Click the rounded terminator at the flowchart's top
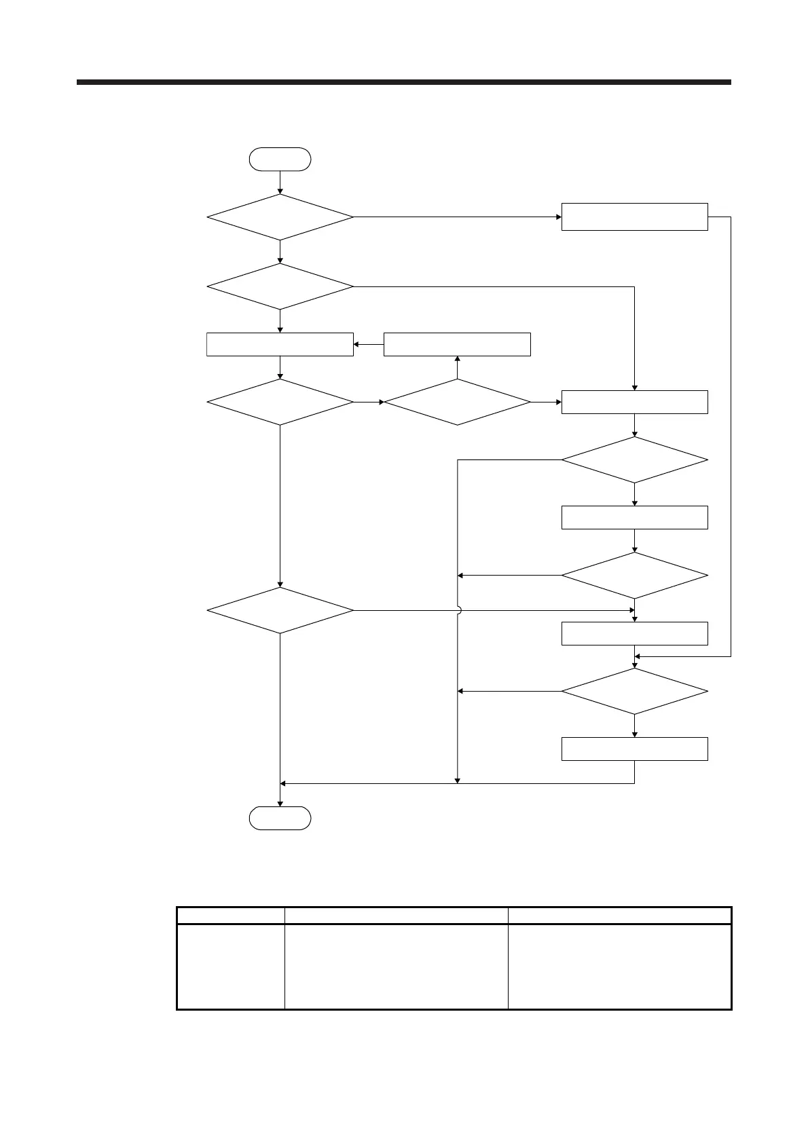(x=280, y=159)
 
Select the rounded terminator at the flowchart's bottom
(x=280, y=818)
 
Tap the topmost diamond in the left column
(x=280, y=217)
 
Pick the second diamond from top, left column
(x=280, y=286)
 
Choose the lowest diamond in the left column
(x=280, y=610)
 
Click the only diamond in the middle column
(x=457, y=402)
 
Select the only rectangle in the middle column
(x=457, y=344)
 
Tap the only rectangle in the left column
(x=280, y=344)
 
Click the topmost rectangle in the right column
(x=634, y=217)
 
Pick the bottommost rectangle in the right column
(x=634, y=749)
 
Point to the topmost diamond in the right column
(x=634, y=460)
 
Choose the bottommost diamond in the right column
(x=634, y=691)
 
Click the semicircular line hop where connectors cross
(x=458, y=610)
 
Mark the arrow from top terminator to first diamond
(x=280, y=182)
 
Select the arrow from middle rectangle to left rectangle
(x=368, y=344)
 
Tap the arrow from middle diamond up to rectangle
(x=457, y=367)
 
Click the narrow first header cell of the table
(x=230, y=915)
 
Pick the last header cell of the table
(x=619, y=915)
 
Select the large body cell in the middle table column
(x=396, y=966)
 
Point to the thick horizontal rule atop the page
(x=403, y=82)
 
